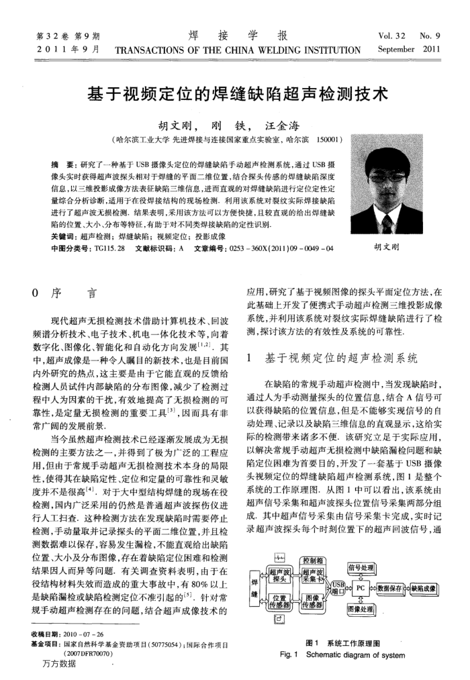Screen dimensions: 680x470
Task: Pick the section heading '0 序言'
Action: [x=64, y=293]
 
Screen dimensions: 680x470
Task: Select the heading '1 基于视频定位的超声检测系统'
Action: [x=332, y=357]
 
